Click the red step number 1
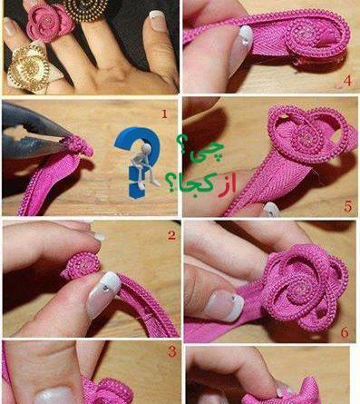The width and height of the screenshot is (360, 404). tap(164, 114)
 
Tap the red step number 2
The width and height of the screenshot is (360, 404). tap(171, 235)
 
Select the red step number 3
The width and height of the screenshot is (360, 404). tap(172, 351)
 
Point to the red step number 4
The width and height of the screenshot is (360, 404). tap(347, 81)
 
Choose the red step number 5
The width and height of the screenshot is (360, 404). tap(347, 206)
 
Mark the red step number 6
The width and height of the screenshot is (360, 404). tap(345, 333)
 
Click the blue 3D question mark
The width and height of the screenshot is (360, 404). tap(137, 162)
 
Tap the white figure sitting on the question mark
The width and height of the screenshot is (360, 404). tap(144, 165)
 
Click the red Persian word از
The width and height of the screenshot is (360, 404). tap(227, 184)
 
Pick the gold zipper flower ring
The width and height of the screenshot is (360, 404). tap(29, 68)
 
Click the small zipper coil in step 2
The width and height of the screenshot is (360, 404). tap(83, 266)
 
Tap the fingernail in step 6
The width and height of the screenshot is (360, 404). tap(226, 305)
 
